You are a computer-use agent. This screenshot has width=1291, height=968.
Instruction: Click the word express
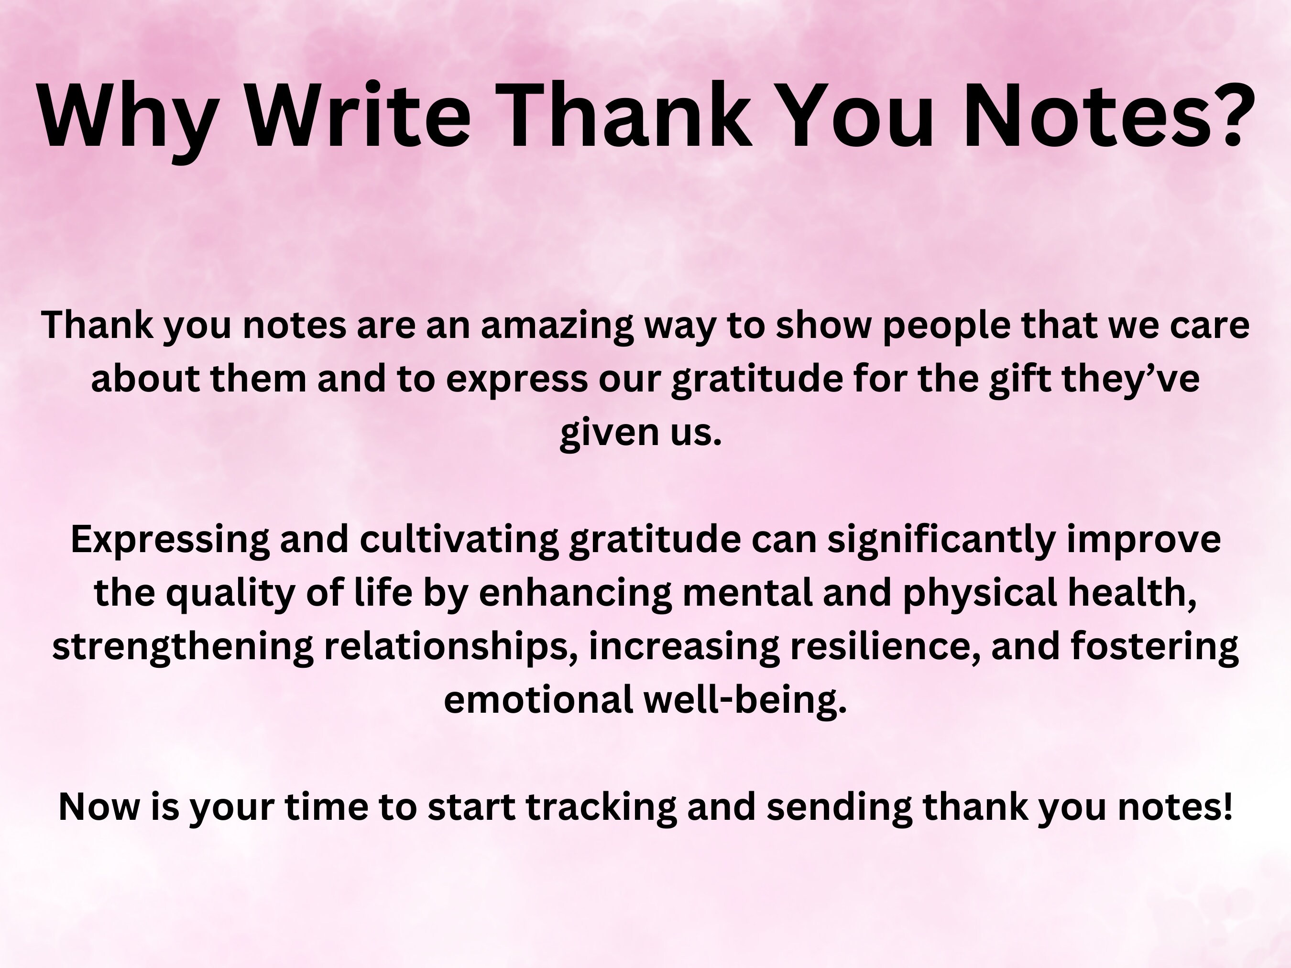pos(516,379)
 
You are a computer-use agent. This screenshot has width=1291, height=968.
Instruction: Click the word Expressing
pos(170,540)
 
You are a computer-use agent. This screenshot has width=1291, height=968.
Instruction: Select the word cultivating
pos(459,540)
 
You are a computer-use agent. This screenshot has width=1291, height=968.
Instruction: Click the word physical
pos(979,593)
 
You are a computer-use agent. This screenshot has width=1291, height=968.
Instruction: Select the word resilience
pos(885,646)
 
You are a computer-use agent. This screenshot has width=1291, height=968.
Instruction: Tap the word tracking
pos(601,807)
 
